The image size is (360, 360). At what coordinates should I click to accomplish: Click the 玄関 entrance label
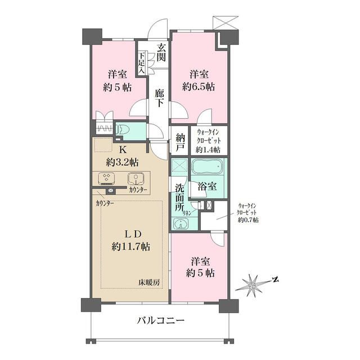[x=161, y=52]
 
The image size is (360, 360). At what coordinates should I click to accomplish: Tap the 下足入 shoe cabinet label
[x=142, y=63]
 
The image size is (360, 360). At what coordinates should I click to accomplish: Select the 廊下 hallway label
[x=159, y=98]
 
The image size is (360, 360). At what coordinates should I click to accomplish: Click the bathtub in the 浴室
[x=207, y=167]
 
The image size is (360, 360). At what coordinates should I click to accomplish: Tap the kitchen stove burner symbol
[x=106, y=179]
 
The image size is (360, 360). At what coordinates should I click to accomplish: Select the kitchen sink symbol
[x=136, y=179]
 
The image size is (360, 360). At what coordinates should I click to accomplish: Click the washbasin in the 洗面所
[x=181, y=223]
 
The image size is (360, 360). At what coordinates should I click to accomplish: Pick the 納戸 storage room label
[x=181, y=142]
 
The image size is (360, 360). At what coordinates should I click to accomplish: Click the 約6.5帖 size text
[x=199, y=87]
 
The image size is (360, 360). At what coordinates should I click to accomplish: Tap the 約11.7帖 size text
[x=131, y=247]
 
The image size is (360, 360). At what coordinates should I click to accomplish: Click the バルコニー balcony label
[x=161, y=321]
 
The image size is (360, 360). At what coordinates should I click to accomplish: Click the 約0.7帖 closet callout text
[x=248, y=220]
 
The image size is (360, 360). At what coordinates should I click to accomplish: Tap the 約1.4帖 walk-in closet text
[x=208, y=150]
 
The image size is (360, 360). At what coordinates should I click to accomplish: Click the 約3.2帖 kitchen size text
[x=122, y=163]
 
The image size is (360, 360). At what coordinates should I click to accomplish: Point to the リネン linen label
[x=186, y=213]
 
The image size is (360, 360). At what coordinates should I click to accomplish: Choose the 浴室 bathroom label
[x=207, y=186]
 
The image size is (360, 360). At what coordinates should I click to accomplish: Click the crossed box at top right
[x=226, y=22]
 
